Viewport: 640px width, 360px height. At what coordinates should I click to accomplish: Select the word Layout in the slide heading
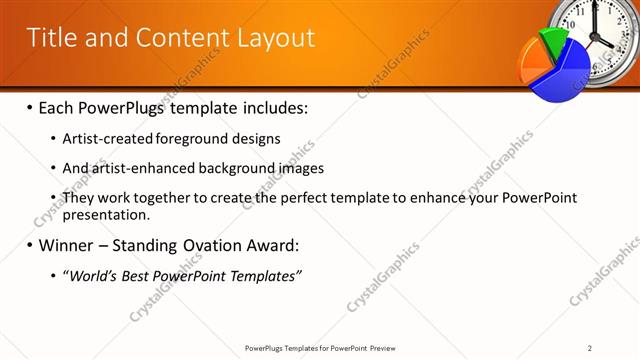coord(275,38)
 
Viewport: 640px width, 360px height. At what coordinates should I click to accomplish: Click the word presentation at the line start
coord(105,214)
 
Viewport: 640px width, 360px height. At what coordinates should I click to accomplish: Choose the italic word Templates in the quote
coord(266,275)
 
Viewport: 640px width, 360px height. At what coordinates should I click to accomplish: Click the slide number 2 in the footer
coord(590,348)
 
